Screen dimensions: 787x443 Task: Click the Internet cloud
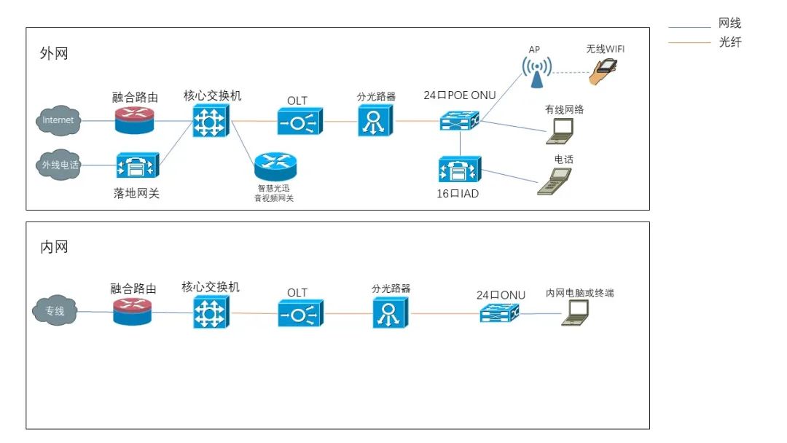[x=58, y=120]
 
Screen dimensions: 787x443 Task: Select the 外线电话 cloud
[x=59, y=165]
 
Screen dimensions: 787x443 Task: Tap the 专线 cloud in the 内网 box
[x=55, y=310]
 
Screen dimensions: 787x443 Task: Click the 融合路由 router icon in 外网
[x=134, y=120]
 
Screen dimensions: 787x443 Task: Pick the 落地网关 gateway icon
[x=138, y=165]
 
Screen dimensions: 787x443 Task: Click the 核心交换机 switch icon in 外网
[x=211, y=121]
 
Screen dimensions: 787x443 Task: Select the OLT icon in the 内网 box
[x=301, y=313]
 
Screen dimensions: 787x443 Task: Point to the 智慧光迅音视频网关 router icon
[x=275, y=167]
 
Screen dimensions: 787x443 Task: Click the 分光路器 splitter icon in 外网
[x=375, y=121]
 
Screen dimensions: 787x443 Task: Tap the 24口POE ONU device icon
[x=460, y=120]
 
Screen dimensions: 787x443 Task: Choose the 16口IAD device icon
[x=460, y=169]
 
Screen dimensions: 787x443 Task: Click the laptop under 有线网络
[x=560, y=131]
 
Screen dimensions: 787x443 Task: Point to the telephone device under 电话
[x=555, y=181]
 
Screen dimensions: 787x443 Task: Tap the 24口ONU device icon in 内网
[x=500, y=313]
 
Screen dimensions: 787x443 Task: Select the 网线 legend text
[x=729, y=23]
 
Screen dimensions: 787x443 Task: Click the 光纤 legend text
[x=729, y=42]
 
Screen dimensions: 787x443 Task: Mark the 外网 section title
[x=54, y=53]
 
